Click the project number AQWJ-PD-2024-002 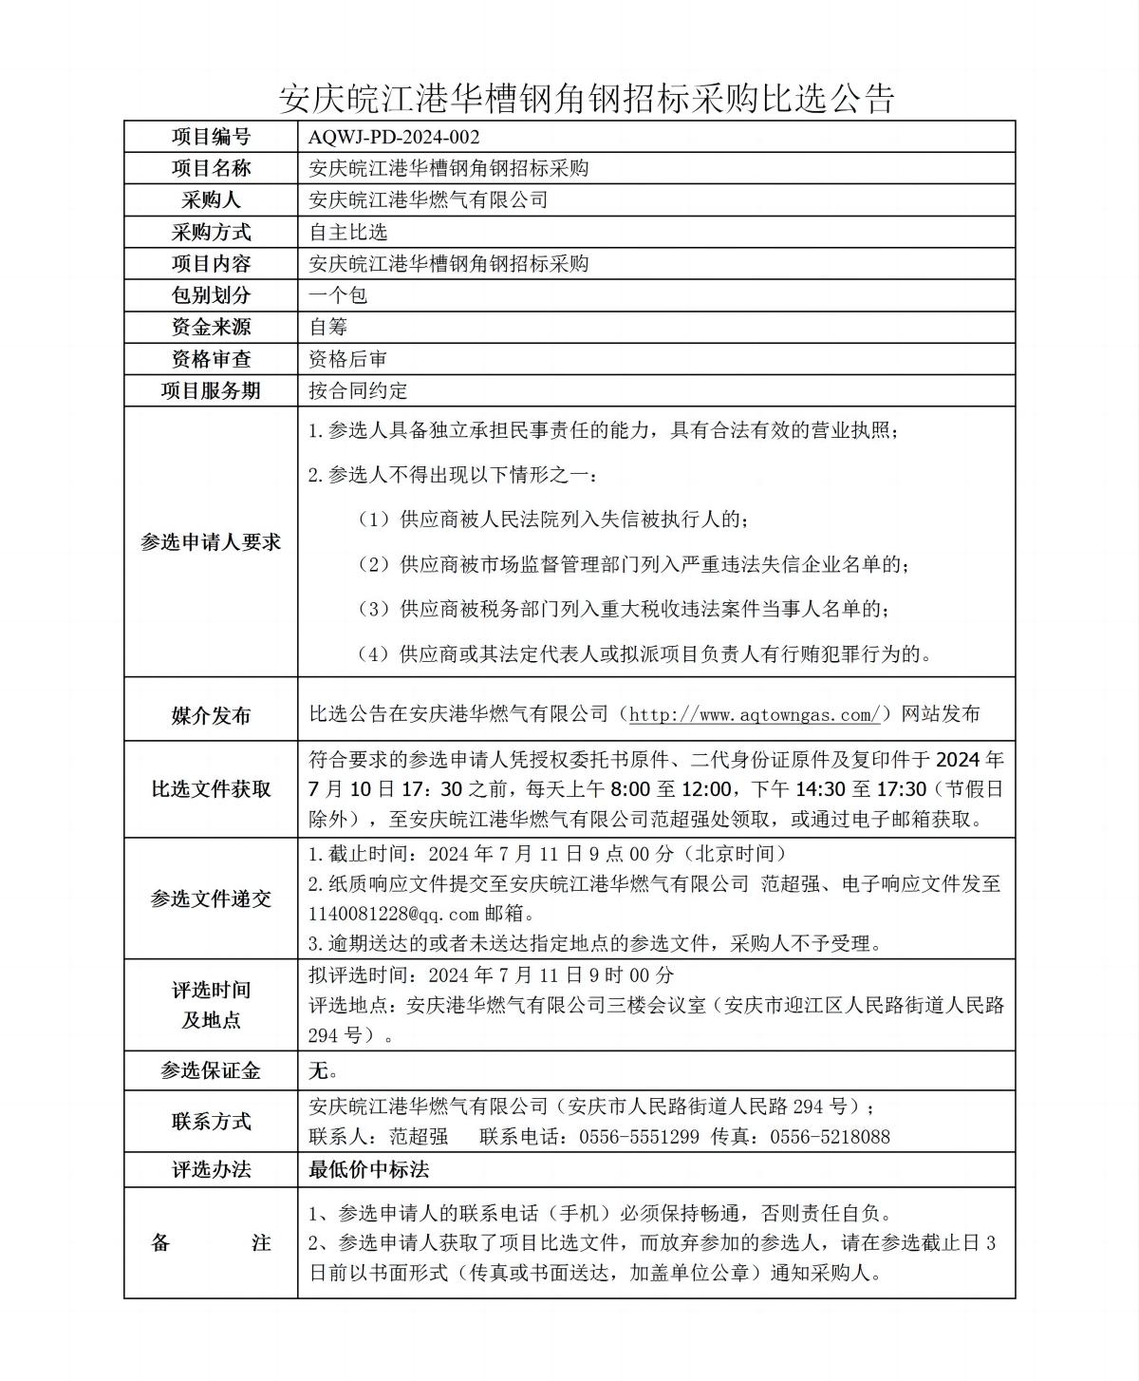click(x=394, y=137)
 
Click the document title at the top click(x=587, y=97)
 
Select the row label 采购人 click(x=211, y=200)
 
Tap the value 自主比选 click(x=348, y=232)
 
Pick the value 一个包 click(x=338, y=295)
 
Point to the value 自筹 click(x=328, y=327)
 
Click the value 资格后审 click(x=348, y=359)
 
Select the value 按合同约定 click(x=358, y=390)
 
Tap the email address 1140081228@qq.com click(x=394, y=914)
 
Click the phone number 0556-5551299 click(x=639, y=1137)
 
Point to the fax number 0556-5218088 click(x=830, y=1137)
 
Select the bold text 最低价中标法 click(x=368, y=1169)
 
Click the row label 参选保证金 click(x=211, y=1071)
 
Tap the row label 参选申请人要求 click(x=211, y=542)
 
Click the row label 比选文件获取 click(x=211, y=789)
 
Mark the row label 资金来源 click(x=211, y=327)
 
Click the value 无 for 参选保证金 click(x=319, y=1071)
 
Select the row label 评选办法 click(x=211, y=1169)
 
